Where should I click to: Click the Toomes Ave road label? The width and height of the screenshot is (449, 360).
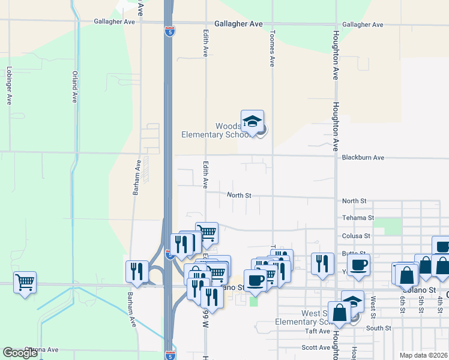272,48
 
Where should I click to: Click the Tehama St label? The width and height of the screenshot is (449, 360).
358,218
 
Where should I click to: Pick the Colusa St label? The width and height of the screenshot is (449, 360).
356,236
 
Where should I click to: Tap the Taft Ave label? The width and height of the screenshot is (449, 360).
318,331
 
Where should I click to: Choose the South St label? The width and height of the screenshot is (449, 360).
378,328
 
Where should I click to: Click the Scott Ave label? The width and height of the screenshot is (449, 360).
316,347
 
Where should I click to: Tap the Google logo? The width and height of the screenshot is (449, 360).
20,353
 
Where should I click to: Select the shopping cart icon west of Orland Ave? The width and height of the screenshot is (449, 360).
25,282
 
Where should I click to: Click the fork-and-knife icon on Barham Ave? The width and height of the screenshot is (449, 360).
137,271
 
